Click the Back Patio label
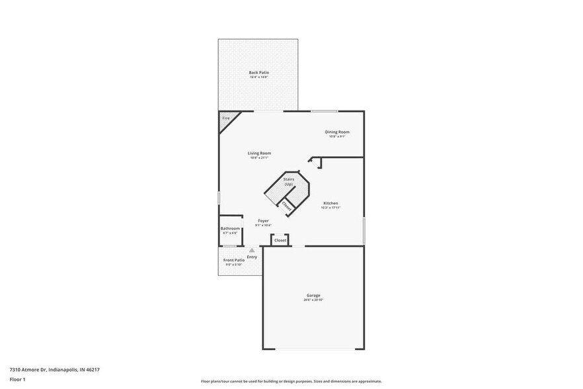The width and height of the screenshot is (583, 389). point(258,72)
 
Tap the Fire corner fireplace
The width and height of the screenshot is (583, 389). point(225,118)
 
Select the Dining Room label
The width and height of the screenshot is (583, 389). point(337,132)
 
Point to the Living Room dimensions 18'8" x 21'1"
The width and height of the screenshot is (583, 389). point(259,157)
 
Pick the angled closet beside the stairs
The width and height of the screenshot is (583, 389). point(287,206)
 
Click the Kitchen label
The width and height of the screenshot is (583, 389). point(330,202)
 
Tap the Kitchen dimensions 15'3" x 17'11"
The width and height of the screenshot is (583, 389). point(330,208)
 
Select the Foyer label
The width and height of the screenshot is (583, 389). point(263,220)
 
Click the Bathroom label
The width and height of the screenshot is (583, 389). point(230,228)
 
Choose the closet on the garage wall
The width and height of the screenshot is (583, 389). point(280,240)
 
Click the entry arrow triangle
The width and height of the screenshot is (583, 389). point(251,251)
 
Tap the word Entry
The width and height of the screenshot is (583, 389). point(252,257)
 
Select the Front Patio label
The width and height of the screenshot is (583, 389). point(233,260)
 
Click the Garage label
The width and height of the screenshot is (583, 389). point(313,295)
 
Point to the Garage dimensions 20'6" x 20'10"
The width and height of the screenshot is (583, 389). point(313,300)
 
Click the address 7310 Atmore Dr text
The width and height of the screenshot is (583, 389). point(54,370)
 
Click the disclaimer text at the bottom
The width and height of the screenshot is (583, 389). point(291,382)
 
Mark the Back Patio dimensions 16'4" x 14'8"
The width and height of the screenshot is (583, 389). point(258,77)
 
